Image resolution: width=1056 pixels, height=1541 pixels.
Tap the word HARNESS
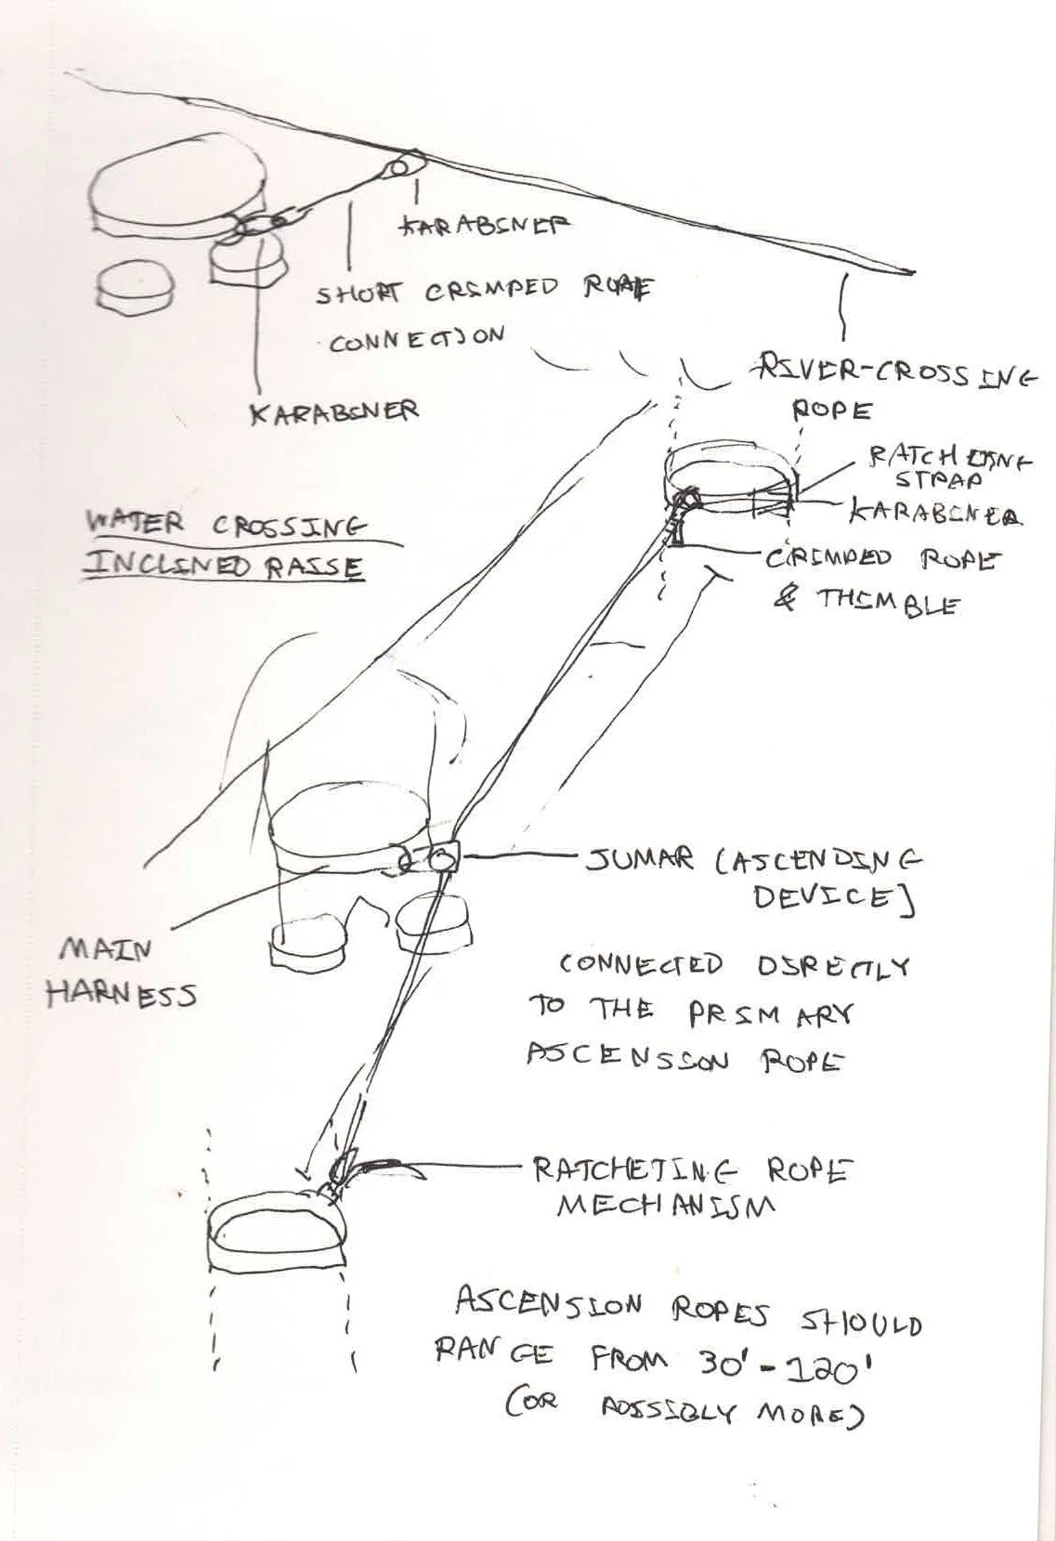(122, 995)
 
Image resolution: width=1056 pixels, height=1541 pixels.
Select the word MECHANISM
(664, 1206)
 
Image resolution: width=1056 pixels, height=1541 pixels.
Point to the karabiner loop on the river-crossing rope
(401, 167)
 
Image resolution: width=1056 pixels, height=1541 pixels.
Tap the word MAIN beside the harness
(93, 949)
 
